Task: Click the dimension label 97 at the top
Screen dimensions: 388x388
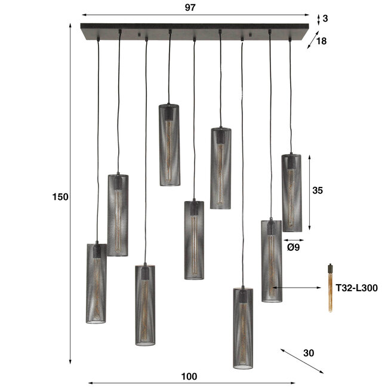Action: click(x=190, y=7)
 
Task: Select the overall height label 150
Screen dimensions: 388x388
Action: click(x=60, y=196)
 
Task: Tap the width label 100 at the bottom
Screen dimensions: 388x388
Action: click(x=189, y=376)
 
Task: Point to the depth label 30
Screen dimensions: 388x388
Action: click(x=308, y=353)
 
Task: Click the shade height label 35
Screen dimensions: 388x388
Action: click(x=318, y=190)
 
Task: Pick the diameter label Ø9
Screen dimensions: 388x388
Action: click(x=293, y=246)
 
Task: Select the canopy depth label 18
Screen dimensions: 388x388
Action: click(x=322, y=41)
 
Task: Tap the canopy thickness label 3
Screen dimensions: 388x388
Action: click(x=325, y=19)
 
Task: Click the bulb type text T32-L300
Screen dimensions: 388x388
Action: click(x=356, y=288)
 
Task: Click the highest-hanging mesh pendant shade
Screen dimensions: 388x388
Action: click(x=169, y=144)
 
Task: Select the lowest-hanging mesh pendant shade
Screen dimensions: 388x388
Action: click(x=242, y=328)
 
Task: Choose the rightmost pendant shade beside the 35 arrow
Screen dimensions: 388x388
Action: click(x=291, y=192)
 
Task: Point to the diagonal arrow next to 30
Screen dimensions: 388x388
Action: click(x=296, y=359)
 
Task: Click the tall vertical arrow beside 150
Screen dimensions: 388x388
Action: click(x=70, y=197)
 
